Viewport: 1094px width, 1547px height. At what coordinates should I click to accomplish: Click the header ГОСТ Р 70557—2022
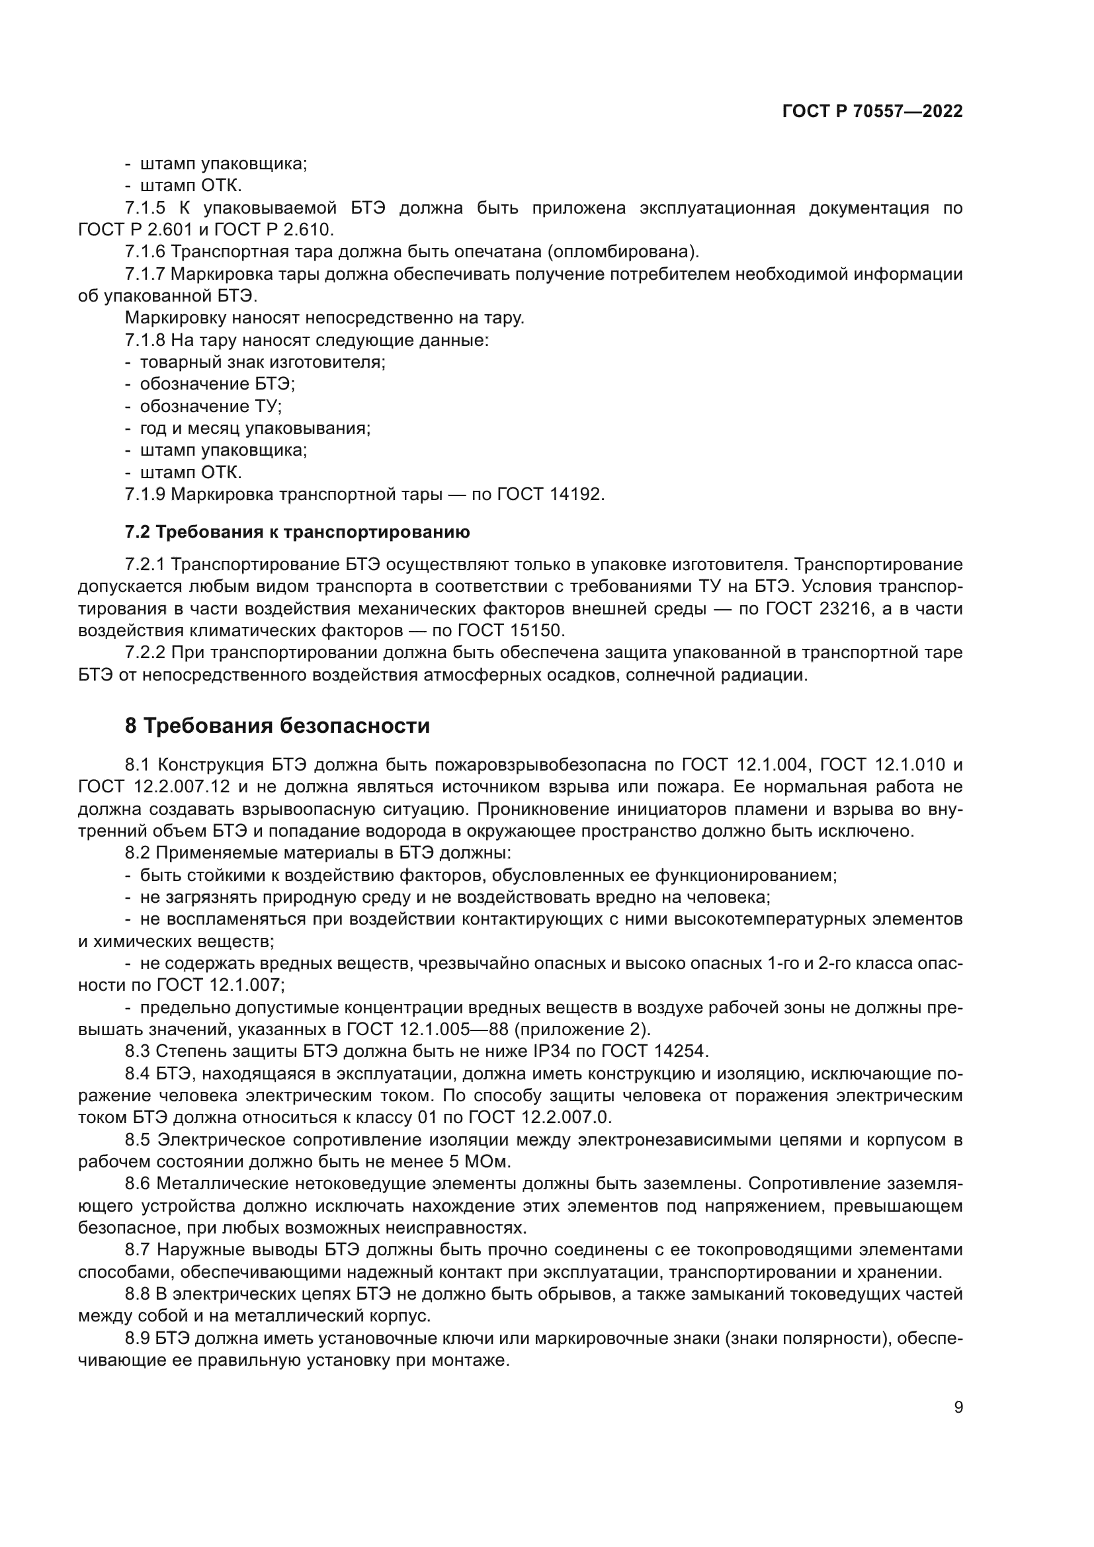[x=872, y=112]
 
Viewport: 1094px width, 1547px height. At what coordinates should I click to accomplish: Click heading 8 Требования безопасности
[x=277, y=726]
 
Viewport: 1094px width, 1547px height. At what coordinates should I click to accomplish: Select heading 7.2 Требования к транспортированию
[x=297, y=532]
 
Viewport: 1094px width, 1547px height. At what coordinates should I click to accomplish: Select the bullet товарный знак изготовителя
[x=262, y=362]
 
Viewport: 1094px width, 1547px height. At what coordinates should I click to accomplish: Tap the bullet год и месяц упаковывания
[x=255, y=428]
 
